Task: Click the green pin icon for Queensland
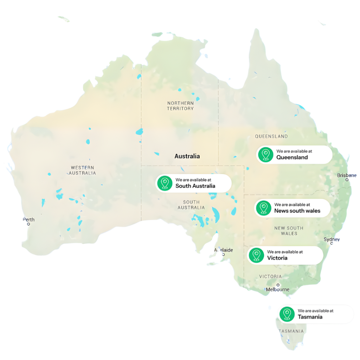(x=265, y=155)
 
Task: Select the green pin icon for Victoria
(x=256, y=255)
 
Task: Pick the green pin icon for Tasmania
(x=287, y=314)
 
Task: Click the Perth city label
(x=29, y=220)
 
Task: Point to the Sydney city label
(x=332, y=239)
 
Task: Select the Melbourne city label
(x=278, y=289)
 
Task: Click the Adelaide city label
(x=224, y=250)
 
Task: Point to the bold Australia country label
(x=187, y=156)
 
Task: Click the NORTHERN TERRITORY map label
(x=180, y=106)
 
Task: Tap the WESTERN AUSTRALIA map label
(x=82, y=171)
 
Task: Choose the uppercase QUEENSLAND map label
(x=271, y=136)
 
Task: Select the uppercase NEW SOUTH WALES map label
(x=289, y=231)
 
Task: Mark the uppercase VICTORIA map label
(x=270, y=277)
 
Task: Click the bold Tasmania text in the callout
(x=310, y=317)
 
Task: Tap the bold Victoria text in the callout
(x=277, y=258)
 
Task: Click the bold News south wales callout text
(x=297, y=211)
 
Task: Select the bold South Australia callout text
(x=195, y=186)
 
